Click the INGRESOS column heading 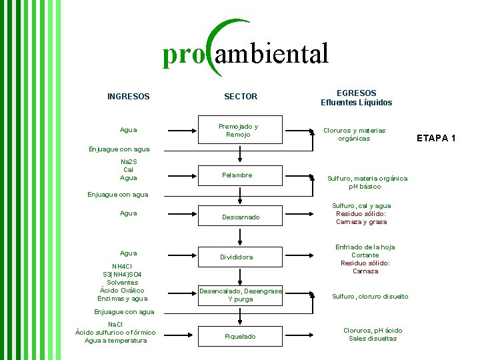click(x=128, y=97)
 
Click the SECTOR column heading click(x=241, y=97)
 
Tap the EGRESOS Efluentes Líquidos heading click(x=356, y=98)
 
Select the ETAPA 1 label click(x=436, y=138)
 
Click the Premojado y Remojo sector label click(x=239, y=130)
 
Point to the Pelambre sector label click(x=237, y=175)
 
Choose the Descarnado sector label click(x=241, y=217)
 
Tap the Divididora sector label click(x=237, y=257)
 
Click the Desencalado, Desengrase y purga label click(x=241, y=295)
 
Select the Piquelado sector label click(x=240, y=337)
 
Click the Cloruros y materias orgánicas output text click(x=354, y=135)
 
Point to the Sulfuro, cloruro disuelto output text click(x=370, y=297)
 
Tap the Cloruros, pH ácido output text click(x=373, y=331)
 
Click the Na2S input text click(x=128, y=162)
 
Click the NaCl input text click(x=115, y=324)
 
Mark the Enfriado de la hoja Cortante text click(x=365, y=251)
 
